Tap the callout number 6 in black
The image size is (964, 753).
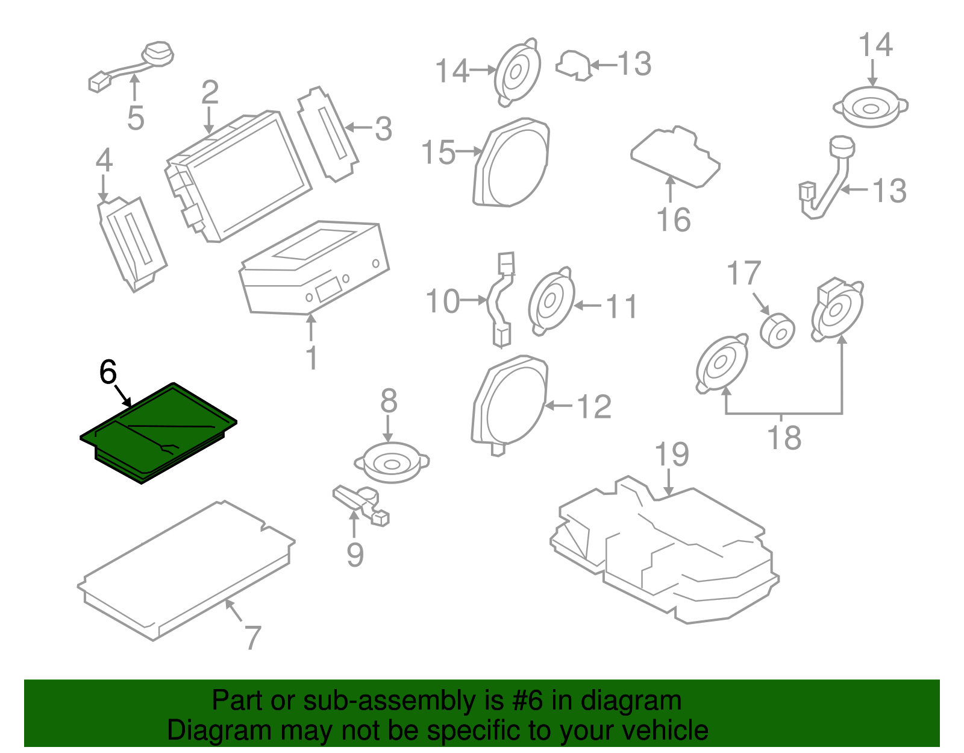coord(107,372)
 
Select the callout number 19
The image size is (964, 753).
coord(671,455)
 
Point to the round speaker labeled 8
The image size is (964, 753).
coord(391,462)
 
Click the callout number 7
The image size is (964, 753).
coord(253,637)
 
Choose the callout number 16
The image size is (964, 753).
coord(674,219)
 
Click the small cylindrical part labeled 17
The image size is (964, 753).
coord(777,330)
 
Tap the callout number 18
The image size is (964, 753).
coord(784,438)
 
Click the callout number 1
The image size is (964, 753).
coord(311,358)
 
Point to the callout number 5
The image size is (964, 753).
coord(136,118)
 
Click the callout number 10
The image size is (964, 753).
coord(443,301)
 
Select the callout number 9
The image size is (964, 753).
coord(355,555)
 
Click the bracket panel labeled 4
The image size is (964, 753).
coord(132,241)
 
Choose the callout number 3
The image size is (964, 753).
coord(383,129)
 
